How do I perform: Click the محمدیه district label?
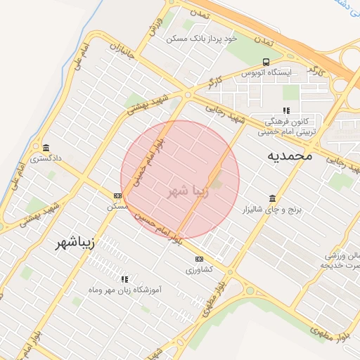click(289, 156)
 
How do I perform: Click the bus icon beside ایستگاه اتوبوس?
click(266, 62)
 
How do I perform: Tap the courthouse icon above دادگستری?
click(46, 148)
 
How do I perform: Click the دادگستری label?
click(46, 158)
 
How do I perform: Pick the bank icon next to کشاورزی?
click(198, 259)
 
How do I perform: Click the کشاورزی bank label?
click(198, 269)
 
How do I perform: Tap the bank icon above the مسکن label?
click(117, 195)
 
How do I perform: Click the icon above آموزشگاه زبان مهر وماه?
click(125, 279)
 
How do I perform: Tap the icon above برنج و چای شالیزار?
click(272, 199)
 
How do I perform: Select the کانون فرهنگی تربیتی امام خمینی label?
click(286, 126)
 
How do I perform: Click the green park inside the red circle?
click(217, 184)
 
